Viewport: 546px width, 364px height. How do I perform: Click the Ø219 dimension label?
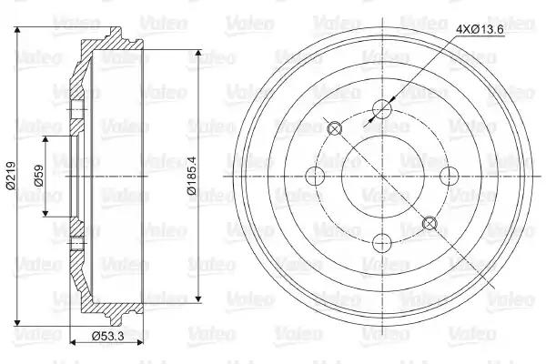click(x=11, y=176)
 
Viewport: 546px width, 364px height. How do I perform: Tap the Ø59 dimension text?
click(x=38, y=176)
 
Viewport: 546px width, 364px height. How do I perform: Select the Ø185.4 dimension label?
click(x=191, y=176)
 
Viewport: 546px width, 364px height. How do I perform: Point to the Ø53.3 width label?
click(x=108, y=337)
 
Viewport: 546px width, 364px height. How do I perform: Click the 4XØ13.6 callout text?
click(x=480, y=30)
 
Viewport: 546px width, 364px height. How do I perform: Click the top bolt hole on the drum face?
click(x=382, y=109)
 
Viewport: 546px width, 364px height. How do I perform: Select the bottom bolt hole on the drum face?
click(x=382, y=242)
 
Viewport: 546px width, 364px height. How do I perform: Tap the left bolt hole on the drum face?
click(x=315, y=176)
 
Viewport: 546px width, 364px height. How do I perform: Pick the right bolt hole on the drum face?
click(x=450, y=176)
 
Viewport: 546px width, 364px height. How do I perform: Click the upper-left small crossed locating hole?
click(x=335, y=129)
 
